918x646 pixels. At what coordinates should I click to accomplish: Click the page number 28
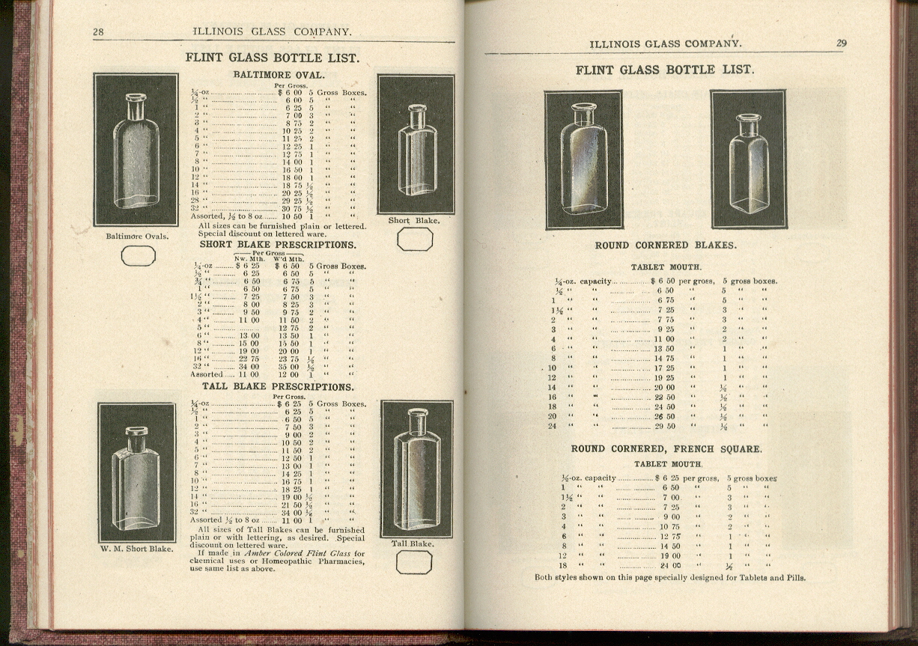(98, 31)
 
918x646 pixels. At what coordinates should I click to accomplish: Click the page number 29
(841, 43)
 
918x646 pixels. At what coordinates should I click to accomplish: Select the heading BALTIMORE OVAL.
(279, 75)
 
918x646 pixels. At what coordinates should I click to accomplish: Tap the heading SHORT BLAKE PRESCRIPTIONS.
(278, 245)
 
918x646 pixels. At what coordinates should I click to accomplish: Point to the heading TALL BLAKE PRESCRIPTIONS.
(278, 387)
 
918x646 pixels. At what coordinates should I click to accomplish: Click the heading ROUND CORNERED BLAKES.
(665, 246)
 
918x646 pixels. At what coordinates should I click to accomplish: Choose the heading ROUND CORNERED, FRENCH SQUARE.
(666, 449)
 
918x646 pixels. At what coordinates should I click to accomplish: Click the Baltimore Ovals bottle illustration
(136, 150)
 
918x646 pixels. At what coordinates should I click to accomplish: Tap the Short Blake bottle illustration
(416, 144)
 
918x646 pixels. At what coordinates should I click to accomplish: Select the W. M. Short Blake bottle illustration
(136, 472)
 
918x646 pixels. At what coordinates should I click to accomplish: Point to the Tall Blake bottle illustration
(416, 469)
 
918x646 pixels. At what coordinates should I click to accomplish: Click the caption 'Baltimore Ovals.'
(137, 237)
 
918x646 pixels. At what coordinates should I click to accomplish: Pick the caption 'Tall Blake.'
(413, 543)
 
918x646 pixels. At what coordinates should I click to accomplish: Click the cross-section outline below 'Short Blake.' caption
(414, 240)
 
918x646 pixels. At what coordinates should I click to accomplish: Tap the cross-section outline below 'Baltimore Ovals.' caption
(139, 256)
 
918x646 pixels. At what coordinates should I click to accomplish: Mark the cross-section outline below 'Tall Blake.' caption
(413, 562)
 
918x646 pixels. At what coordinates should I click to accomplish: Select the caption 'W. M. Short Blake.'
(136, 549)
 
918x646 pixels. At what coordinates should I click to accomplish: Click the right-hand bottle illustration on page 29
(748, 159)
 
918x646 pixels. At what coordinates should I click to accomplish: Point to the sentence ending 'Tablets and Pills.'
(670, 578)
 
